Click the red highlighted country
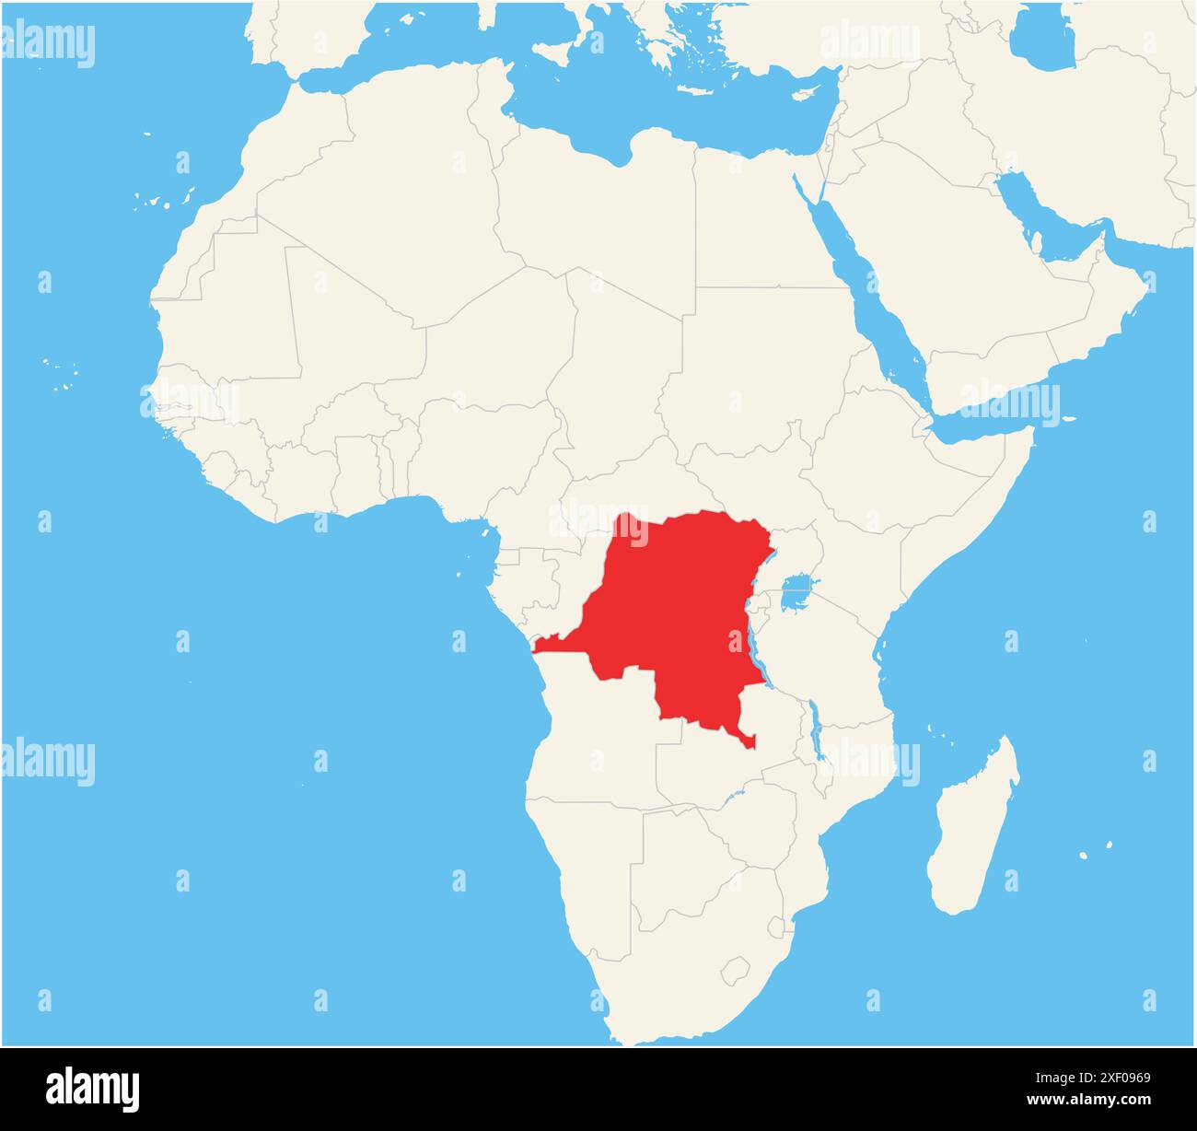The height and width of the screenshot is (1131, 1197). (x=672, y=617)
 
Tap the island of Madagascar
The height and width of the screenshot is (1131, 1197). (x=971, y=829)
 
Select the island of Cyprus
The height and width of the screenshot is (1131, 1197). (x=807, y=93)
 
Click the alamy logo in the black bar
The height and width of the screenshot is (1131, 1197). (x=92, y=1089)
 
